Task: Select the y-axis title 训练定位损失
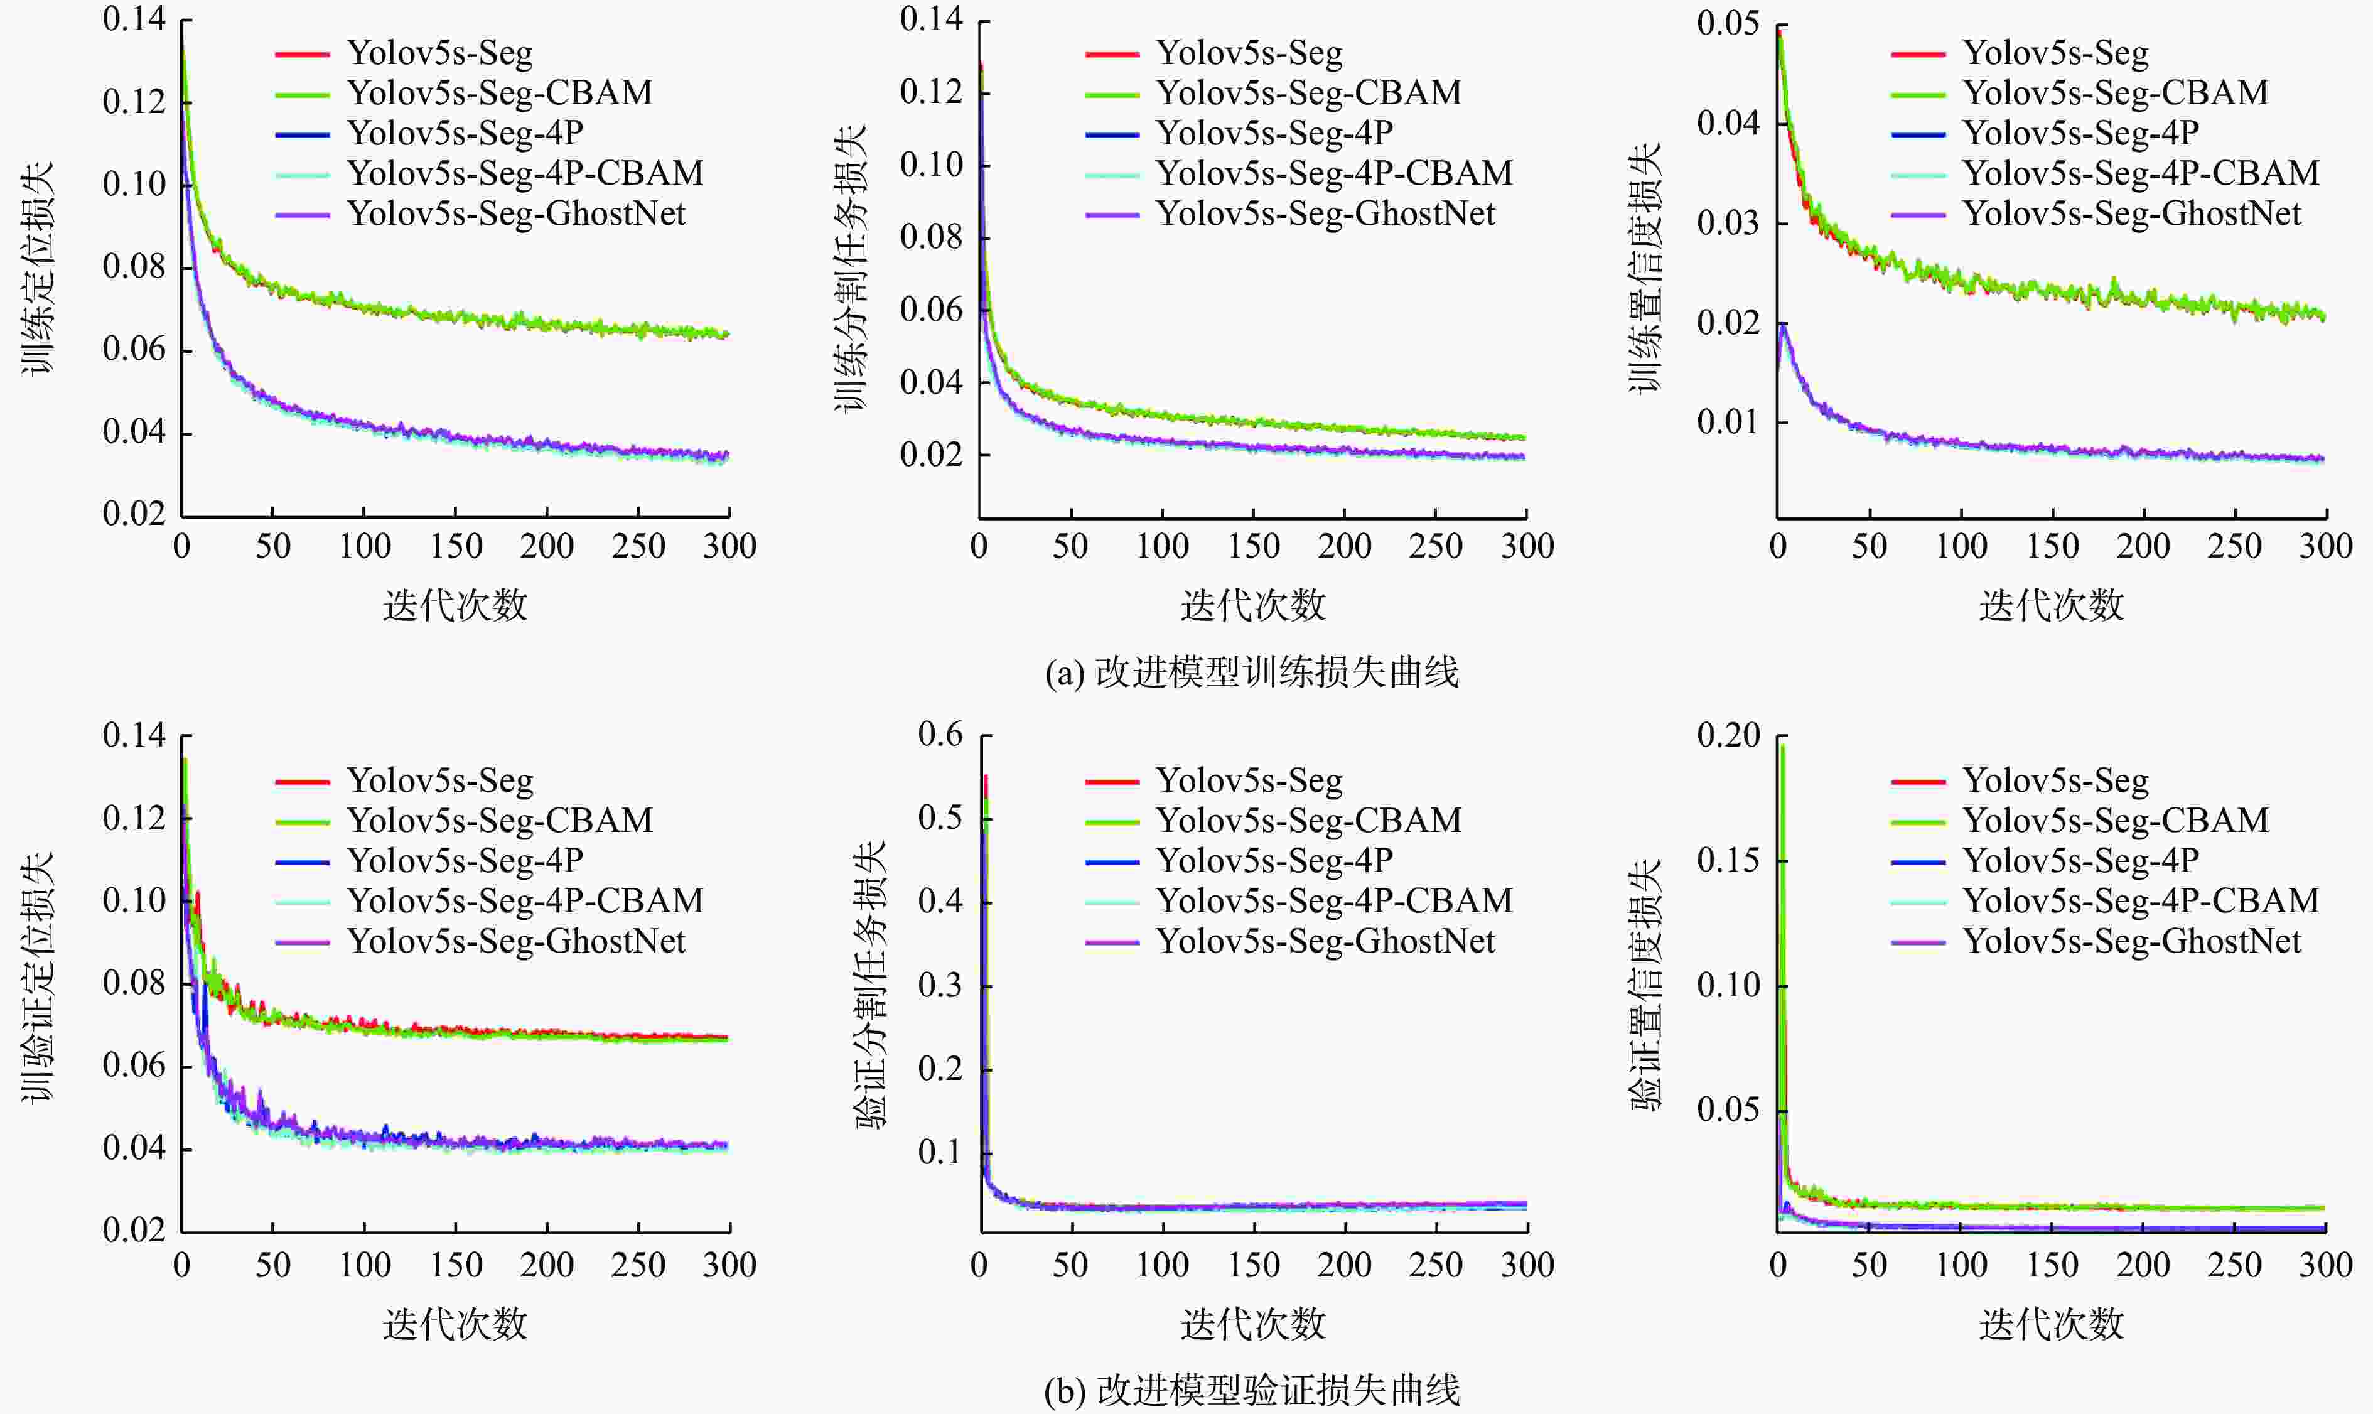38,269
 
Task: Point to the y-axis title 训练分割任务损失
851,269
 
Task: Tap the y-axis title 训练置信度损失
1645,269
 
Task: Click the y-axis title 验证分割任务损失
869,985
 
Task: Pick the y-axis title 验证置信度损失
1645,985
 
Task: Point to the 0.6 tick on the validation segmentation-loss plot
940,735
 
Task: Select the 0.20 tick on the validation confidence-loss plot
1728,735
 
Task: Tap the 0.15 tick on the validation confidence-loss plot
1728,860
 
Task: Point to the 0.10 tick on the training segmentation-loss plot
931,165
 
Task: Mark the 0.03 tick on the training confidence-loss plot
1728,223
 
